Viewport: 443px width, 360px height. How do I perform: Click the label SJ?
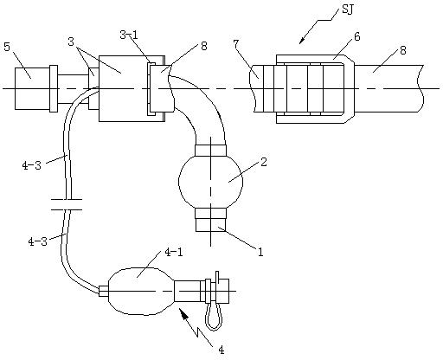coord(348,9)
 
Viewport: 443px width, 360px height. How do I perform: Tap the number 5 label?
coord(7,47)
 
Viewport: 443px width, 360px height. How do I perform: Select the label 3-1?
coord(129,35)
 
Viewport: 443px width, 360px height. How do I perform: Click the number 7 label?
coord(236,44)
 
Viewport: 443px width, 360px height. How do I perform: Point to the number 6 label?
coord(357,36)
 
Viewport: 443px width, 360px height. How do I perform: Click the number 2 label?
coord(263,162)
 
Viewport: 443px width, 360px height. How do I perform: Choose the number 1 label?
coord(260,252)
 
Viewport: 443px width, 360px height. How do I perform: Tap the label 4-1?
coord(174,253)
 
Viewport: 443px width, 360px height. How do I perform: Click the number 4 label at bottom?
coord(221,350)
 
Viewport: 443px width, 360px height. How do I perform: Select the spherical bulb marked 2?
coord(211,181)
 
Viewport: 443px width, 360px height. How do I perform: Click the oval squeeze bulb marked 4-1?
coord(141,292)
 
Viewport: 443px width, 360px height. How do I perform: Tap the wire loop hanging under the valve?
coord(214,317)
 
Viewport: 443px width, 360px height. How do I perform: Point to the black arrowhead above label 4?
coord(183,314)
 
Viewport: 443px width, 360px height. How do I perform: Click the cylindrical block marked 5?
coord(32,88)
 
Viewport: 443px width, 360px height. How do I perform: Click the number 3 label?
coord(71,42)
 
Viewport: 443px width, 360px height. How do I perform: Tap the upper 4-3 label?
coord(31,165)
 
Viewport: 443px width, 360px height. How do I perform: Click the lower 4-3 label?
coord(37,241)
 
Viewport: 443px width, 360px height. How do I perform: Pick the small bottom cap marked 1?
coord(211,225)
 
